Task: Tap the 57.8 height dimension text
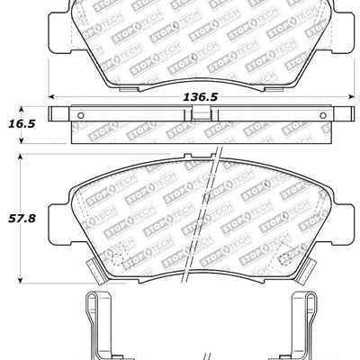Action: [x=19, y=216]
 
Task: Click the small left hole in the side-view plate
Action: [x=78, y=114]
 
